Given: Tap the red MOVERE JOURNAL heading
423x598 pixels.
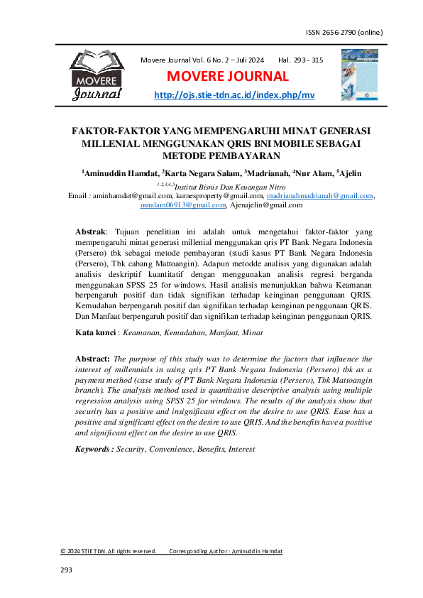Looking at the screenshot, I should pyautogui.click(x=228, y=77).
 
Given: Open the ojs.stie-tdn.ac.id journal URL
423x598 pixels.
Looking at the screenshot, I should pyautogui.click(x=234, y=95).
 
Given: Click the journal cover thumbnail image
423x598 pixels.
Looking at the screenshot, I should pyautogui.click(x=360, y=74).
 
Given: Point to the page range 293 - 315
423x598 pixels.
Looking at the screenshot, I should pyautogui.click(x=301, y=60).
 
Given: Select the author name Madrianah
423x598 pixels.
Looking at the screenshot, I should pyautogui.click(x=266, y=175).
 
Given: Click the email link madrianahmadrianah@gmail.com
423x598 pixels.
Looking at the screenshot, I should pyautogui.click(x=314, y=195).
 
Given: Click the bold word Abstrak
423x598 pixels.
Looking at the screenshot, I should pyautogui.click(x=90, y=232).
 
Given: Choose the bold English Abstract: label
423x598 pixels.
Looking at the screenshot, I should pyautogui.click(x=92, y=359).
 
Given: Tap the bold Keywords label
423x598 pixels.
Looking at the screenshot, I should pyautogui.click(x=94, y=449).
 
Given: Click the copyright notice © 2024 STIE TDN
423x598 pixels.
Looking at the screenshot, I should pyautogui.click(x=108, y=551).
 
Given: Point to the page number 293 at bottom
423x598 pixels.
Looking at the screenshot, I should pyautogui.click(x=67, y=570).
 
